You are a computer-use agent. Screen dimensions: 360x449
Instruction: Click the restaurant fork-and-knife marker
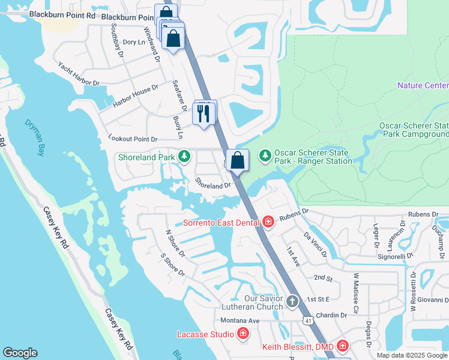(x=205, y=113)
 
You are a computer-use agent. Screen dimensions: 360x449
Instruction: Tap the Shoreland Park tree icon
(x=184, y=157)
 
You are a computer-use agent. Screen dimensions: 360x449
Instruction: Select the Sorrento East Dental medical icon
(x=268, y=223)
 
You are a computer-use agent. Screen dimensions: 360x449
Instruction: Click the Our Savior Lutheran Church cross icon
(x=292, y=301)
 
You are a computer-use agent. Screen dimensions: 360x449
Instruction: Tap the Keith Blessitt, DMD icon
(x=342, y=346)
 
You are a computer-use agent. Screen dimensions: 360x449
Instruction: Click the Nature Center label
(x=423, y=86)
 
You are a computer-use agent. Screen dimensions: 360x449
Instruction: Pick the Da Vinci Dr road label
(x=316, y=245)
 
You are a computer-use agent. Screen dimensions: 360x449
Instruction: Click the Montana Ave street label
(x=240, y=320)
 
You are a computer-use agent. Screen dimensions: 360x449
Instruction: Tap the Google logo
(x=20, y=353)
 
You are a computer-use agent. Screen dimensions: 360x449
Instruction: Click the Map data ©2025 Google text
(x=411, y=355)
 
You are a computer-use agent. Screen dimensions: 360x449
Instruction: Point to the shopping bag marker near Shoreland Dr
(x=238, y=161)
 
